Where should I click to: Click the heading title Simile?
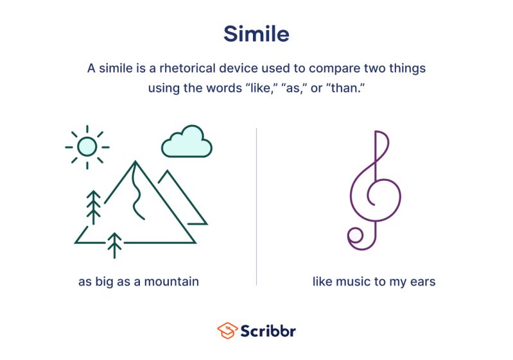click(x=256, y=33)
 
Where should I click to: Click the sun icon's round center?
click(x=87, y=147)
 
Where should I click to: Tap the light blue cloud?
click(x=186, y=143)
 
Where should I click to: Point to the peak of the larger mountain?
click(x=135, y=163)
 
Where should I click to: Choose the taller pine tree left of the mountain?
click(x=94, y=207)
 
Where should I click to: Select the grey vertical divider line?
click(x=257, y=205)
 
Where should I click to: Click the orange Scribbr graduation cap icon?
click(x=227, y=330)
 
